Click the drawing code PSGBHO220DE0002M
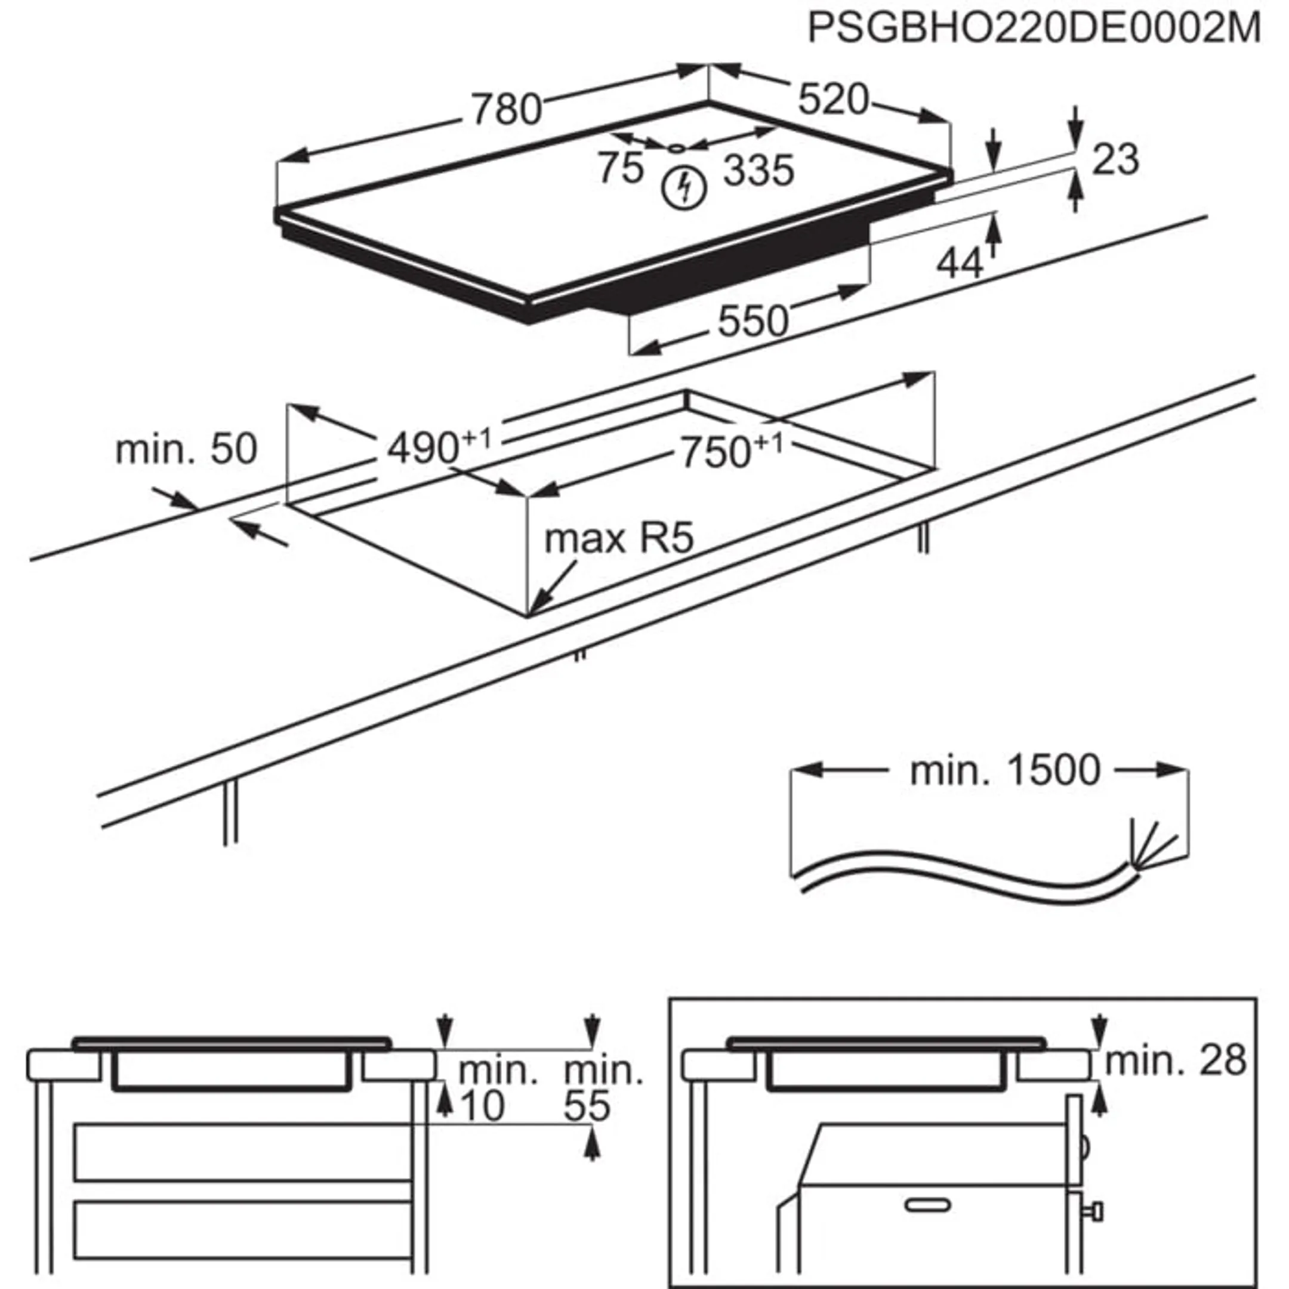[x=1034, y=28]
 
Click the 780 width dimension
[x=507, y=110]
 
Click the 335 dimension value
[x=758, y=171]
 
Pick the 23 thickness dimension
[x=1115, y=159]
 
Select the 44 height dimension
[x=960, y=264]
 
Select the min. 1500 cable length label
[x=1005, y=770]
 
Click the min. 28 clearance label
[x=1176, y=1059]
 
